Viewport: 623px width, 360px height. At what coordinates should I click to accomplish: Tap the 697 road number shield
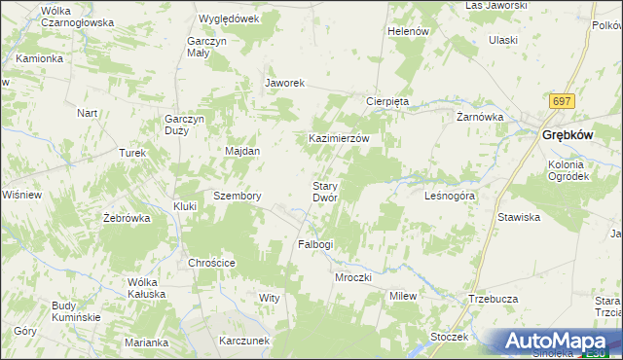click(561, 101)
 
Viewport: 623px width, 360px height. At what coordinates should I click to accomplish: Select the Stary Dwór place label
click(324, 191)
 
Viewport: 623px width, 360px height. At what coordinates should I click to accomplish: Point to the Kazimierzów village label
click(339, 139)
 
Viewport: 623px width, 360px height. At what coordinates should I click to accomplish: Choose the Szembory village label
click(238, 196)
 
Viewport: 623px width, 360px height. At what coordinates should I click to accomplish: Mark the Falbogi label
click(314, 244)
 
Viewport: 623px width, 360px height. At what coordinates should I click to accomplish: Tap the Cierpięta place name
click(392, 101)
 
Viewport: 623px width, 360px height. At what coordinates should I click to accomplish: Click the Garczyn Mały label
click(207, 48)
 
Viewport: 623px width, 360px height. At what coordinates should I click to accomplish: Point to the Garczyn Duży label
click(183, 126)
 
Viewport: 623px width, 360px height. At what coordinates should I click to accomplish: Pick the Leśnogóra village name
click(450, 196)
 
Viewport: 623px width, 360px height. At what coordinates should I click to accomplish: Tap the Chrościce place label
click(212, 263)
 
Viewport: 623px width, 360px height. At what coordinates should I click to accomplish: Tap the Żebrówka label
click(127, 218)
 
